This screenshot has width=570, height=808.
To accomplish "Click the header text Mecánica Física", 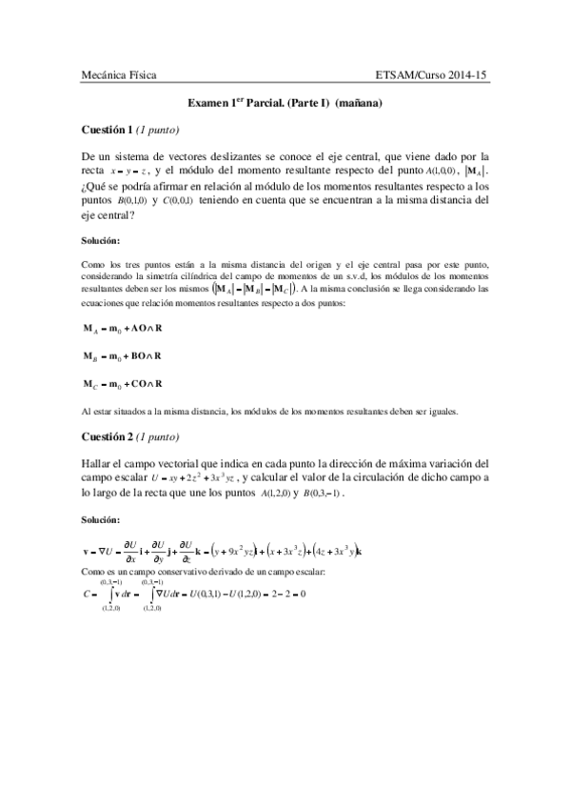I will coord(119,73).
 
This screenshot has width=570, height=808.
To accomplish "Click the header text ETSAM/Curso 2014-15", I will coord(432,73).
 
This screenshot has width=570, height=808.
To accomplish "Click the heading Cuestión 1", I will coord(106,129).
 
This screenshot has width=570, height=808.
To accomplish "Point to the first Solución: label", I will coord(101,240).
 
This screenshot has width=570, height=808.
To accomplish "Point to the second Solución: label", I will coord(101,520).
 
